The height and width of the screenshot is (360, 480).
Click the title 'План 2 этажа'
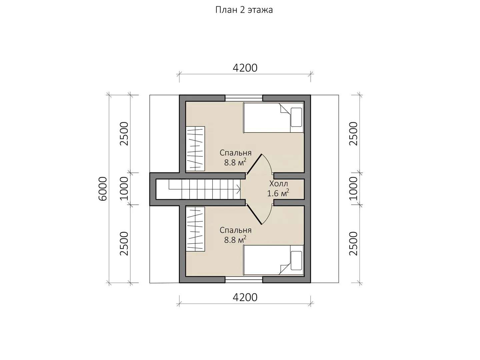click(244, 10)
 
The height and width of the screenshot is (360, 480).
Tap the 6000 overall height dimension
click(103, 189)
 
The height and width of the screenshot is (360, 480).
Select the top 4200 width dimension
click(245, 68)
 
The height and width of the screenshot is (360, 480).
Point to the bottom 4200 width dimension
click(245, 297)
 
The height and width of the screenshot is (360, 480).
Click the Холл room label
click(278, 184)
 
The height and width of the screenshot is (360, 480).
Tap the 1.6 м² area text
click(278, 193)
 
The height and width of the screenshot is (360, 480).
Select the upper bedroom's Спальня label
click(236, 153)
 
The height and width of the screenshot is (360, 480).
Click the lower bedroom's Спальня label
click(236, 230)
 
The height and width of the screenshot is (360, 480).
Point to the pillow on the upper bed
click(296, 117)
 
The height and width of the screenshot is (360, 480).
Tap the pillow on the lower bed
click(296, 261)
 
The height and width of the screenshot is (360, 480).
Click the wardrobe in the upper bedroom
click(195, 149)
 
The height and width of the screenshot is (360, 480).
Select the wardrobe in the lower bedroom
click(195, 229)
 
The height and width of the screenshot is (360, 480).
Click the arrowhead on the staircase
click(238, 189)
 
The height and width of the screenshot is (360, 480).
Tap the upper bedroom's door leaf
click(254, 164)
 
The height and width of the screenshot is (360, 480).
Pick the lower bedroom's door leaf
click(254, 214)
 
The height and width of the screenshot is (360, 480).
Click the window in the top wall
click(244, 98)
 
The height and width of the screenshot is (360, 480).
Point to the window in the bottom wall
click(244, 280)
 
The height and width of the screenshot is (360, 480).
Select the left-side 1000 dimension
click(124, 188)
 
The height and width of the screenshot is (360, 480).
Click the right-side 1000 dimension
click(353, 188)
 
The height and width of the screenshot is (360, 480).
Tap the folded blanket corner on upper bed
click(285, 109)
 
